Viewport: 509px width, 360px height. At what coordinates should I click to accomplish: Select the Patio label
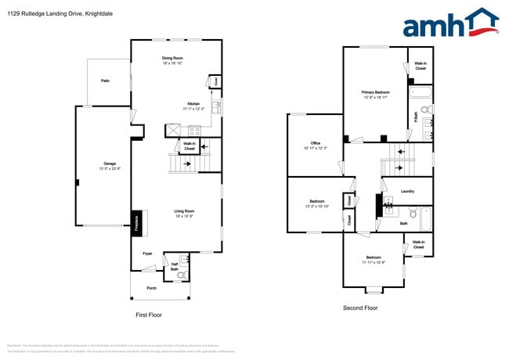pyautogui.click(x=105, y=81)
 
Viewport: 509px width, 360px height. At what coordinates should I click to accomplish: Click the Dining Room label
pyautogui.click(x=172, y=58)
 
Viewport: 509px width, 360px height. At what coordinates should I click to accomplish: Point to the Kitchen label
pyautogui.click(x=193, y=103)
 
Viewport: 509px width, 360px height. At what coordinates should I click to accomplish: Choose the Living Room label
pyautogui.click(x=184, y=211)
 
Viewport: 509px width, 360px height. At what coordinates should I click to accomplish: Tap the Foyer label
pyautogui.click(x=147, y=254)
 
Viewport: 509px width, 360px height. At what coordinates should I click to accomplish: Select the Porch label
pyautogui.click(x=151, y=288)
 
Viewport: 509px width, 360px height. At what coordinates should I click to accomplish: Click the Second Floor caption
pyautogui.click(x=360, y=308)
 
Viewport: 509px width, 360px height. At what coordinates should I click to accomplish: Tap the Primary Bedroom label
pyautogui.click(x=376, y=92)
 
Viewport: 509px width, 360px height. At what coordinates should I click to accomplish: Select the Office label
pyautogui.click(x=315, y=142)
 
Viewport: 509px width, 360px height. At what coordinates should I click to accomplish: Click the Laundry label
pyautogui.click(x=407, y=191)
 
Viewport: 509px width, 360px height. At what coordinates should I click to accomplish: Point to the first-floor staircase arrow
pyautogui.click(x=188, y=164)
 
